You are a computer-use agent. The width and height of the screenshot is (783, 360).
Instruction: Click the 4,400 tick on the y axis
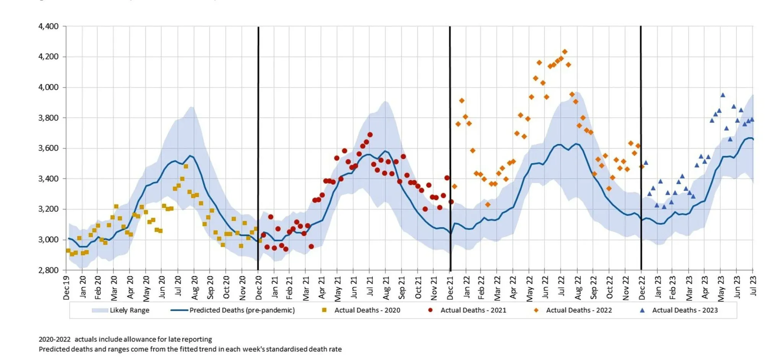point(48,26)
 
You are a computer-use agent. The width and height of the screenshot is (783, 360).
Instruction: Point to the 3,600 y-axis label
point(48,148)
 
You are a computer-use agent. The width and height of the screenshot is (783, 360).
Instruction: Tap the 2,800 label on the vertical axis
point(48,270)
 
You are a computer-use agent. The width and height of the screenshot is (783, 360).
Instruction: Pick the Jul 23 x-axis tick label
point(753,286)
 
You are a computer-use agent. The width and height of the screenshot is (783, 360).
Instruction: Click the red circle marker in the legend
point(430,310)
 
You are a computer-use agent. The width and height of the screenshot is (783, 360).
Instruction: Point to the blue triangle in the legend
point(642,310)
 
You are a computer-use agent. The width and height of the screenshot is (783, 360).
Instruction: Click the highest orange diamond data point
point(565,52)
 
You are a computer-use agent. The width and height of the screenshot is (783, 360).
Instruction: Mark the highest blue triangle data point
point(723,95)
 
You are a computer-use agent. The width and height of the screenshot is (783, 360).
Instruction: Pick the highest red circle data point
point(370,135)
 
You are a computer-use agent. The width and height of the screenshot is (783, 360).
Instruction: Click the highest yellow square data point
point(186,166)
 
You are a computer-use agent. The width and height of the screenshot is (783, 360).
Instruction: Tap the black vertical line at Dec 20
point(258,153)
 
